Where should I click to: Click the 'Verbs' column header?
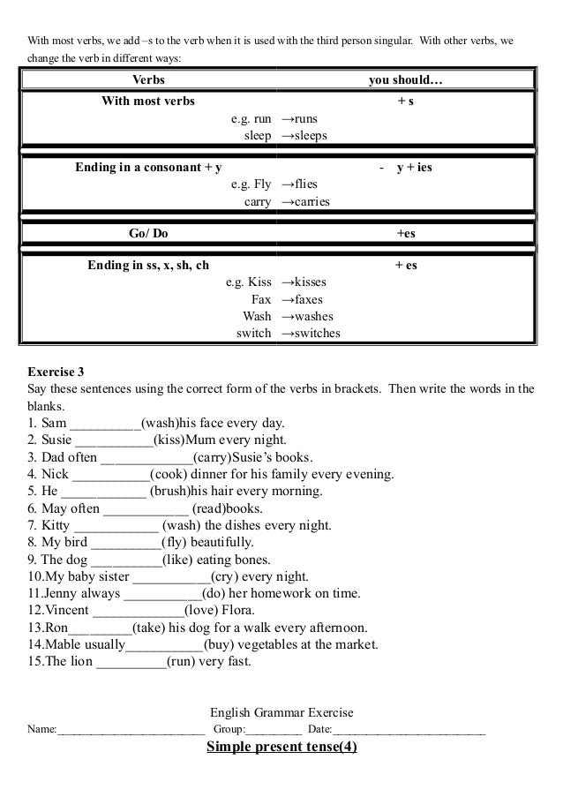click(148, 81)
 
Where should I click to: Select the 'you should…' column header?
click(406, 81)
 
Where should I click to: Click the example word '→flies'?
click(298, 184)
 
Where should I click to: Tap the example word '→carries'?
click(305, 201)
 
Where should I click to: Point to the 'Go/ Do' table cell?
click(148, 233)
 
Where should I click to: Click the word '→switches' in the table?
click(310, 334)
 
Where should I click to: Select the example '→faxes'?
click(301, 299)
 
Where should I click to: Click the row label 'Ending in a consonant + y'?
click(148, 167)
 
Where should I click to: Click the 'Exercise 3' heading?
click(59, 372)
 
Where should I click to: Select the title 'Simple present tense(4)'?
click(281, 749)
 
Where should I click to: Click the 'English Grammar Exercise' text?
click(281, 712)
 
